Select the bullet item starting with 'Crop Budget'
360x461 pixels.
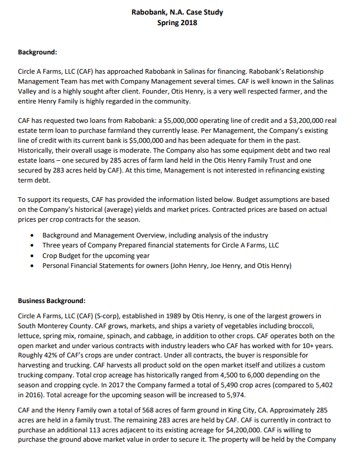tap(96, 256)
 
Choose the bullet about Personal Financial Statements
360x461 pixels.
tap(167, 266)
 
